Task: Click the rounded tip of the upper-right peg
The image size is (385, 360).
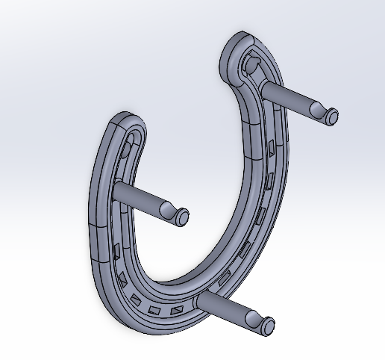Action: click(331, 115)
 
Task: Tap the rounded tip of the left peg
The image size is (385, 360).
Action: click(182, 217)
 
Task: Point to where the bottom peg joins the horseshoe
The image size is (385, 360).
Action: click(201, 297)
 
